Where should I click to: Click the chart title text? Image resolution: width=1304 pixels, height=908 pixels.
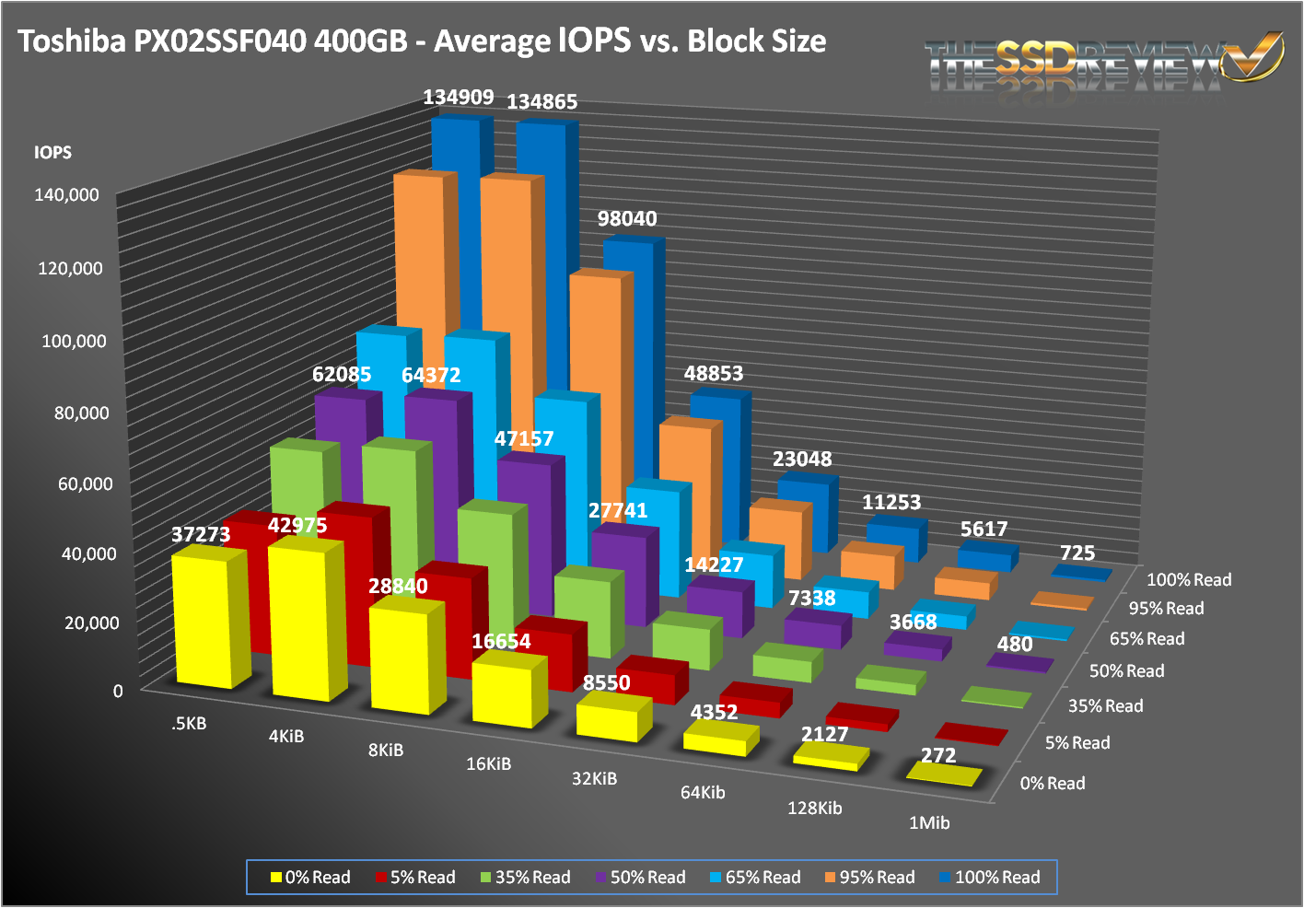point(422,41)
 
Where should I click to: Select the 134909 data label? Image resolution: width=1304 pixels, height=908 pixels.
point(459,97)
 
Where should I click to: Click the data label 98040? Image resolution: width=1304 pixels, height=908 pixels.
point(627,219)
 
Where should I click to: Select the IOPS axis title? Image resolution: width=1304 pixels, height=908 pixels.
point(52,153)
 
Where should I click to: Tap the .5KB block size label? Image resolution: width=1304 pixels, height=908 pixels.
point(189,724)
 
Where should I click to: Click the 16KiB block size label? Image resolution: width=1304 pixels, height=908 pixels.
point(488,764)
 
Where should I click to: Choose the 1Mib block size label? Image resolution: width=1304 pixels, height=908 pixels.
point(929,823)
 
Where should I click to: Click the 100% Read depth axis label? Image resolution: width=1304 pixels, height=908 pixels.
point(1189,580)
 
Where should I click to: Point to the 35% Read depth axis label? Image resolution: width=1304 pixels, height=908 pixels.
point(1105,706)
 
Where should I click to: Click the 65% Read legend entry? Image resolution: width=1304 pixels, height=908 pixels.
point(755,878)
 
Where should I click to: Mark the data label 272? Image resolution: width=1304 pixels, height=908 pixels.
point(938,756)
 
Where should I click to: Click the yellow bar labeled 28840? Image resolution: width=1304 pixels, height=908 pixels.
point(399,658)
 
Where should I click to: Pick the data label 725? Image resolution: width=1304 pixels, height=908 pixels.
point(1077,553)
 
